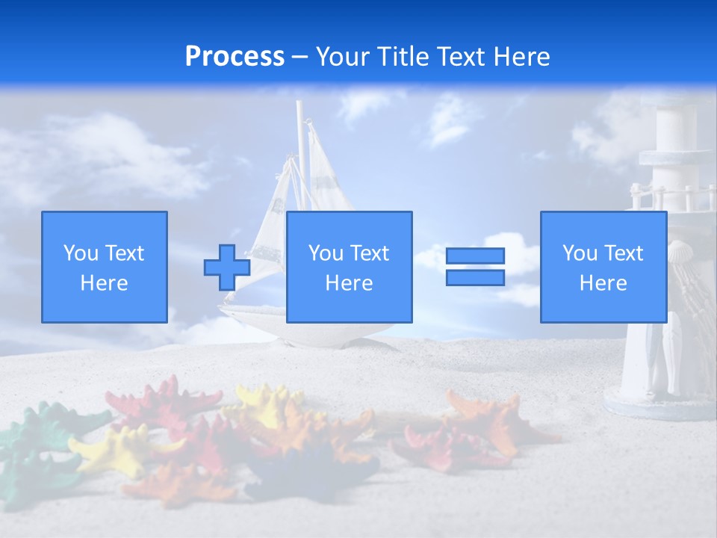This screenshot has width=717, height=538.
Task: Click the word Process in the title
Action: [235, 57]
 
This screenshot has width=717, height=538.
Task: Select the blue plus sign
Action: [226, 268]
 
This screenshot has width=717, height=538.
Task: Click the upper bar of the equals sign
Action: [475, 256]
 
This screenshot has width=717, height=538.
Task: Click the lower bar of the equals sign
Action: [475, 277]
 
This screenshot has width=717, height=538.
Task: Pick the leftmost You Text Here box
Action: [105, 267]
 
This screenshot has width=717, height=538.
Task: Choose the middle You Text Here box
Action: [349, 267]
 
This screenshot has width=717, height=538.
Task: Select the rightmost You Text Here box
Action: [603, 267]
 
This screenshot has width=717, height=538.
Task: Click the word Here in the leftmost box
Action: [105, 283]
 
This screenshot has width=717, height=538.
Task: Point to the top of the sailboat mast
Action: [299, 105]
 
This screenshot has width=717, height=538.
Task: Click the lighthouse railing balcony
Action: [665, 196]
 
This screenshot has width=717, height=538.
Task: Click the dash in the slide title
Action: [300, 57]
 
